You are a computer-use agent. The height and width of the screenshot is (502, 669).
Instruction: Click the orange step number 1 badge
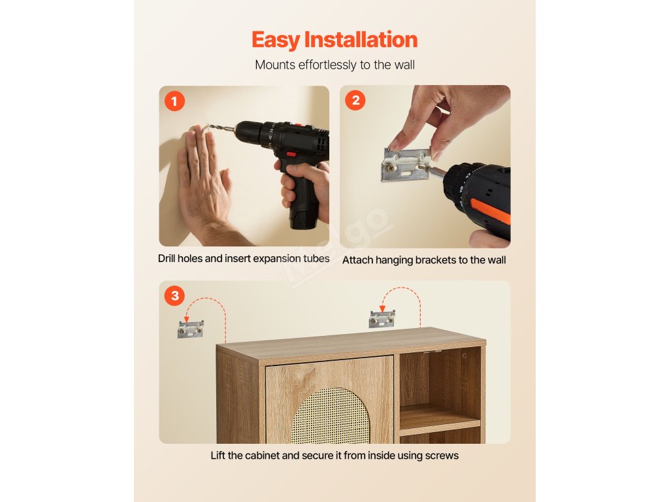point(174,101)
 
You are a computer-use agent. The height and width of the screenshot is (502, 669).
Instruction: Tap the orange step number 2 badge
point(355,100)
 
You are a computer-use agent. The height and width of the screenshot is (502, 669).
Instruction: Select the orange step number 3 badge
point(174,295)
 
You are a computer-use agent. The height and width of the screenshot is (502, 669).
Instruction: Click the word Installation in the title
point(361,40)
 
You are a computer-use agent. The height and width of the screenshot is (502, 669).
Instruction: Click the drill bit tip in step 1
point(206,126)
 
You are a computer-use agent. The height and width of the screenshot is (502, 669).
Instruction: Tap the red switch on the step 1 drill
point(291,154)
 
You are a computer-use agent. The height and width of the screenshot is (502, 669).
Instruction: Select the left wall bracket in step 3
point(190,329)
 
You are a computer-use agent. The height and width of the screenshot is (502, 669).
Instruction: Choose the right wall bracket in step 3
point(382,319)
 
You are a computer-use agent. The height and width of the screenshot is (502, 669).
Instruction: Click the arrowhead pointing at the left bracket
point(186,319)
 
